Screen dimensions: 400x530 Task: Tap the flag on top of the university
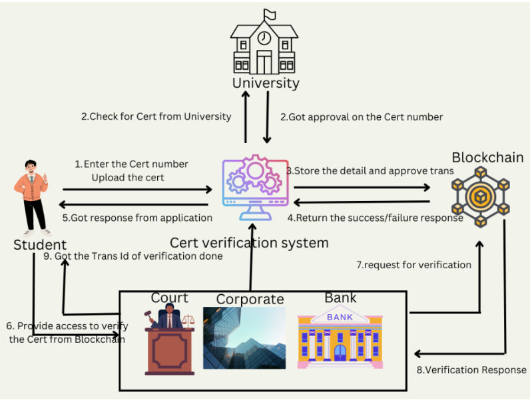coord(270,14)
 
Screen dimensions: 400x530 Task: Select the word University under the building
coord(265,83)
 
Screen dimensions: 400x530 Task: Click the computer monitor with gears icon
coord(256,184)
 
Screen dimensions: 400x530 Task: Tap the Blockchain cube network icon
coord(479,196)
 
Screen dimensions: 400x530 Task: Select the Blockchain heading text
coord(487,158)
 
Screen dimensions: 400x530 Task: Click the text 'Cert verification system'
coord(249,243)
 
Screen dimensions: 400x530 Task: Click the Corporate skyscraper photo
coord(244,337)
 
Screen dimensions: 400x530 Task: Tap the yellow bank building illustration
coord(340,339)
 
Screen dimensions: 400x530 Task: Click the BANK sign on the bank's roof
coord(340,317)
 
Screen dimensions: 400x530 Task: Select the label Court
coord(169,298)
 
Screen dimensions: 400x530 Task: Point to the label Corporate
coord(250,299)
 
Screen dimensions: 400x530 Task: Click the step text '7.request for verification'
coord(413,265)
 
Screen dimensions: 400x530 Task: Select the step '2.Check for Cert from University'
coord(156,116)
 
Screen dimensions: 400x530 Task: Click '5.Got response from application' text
coord(137,218)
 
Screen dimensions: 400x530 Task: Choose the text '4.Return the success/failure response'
coord(375,218)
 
